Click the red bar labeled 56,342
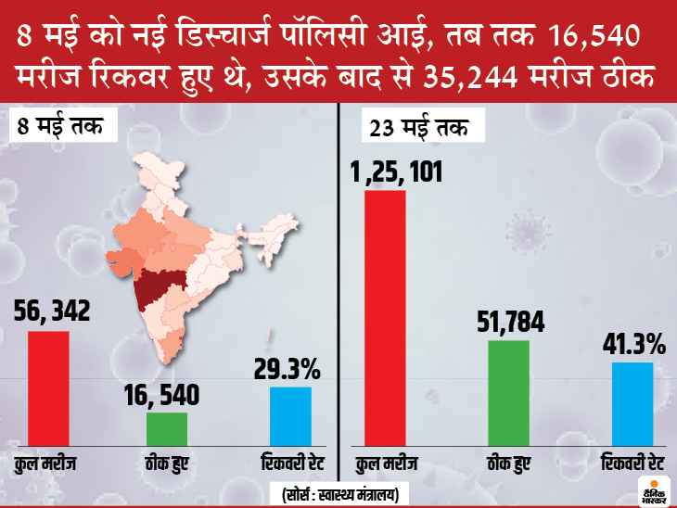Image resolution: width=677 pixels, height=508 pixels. [x=48, y=389]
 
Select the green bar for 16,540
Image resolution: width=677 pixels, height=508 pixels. [x=167, y=430]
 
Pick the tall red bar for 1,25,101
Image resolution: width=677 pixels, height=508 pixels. [x=385, y=318]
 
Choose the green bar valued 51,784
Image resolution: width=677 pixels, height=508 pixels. [x=508, y=394]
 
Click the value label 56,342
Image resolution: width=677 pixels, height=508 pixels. [x=53, y=312]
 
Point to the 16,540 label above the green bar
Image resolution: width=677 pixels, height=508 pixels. [x=163, y=396]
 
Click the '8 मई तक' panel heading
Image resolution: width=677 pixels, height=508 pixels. [x=59, y=126]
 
